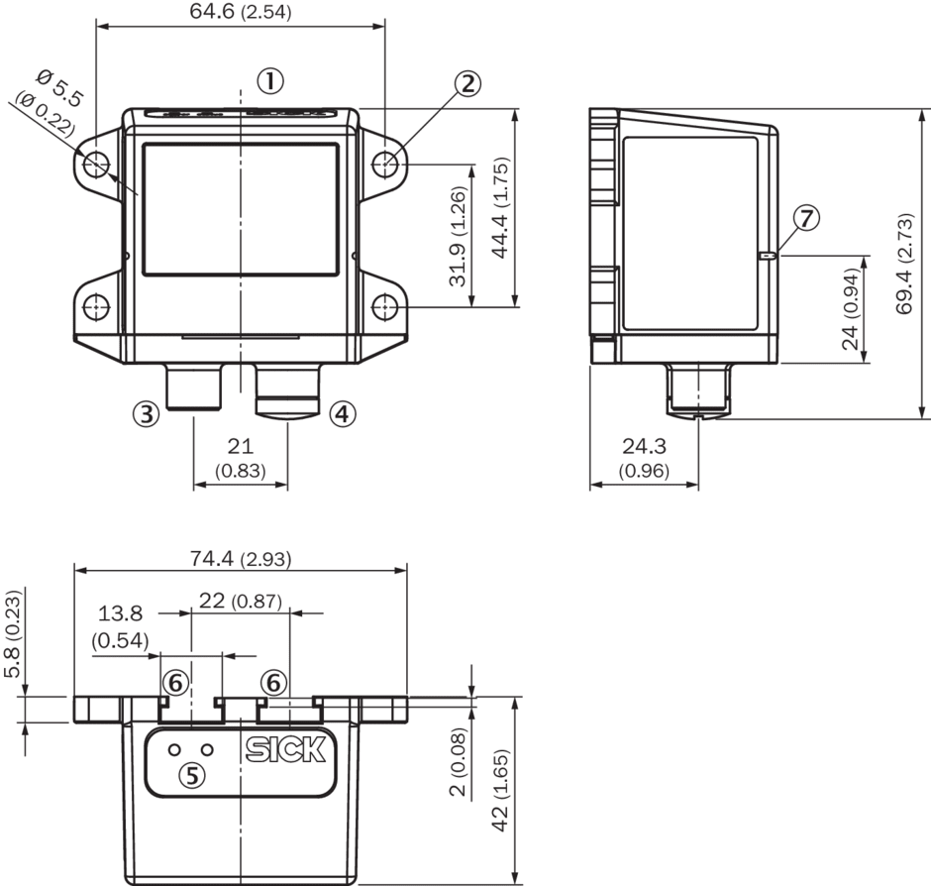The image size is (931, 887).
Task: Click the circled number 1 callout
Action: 270,80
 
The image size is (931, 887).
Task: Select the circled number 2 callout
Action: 468,84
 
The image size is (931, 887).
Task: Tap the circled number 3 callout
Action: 146,413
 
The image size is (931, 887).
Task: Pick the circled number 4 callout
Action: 343,413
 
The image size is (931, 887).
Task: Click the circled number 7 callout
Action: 806,218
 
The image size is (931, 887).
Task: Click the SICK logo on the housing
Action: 285,750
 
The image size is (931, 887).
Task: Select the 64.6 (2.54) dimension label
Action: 241,11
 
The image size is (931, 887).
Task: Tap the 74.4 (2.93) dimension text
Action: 241,558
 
